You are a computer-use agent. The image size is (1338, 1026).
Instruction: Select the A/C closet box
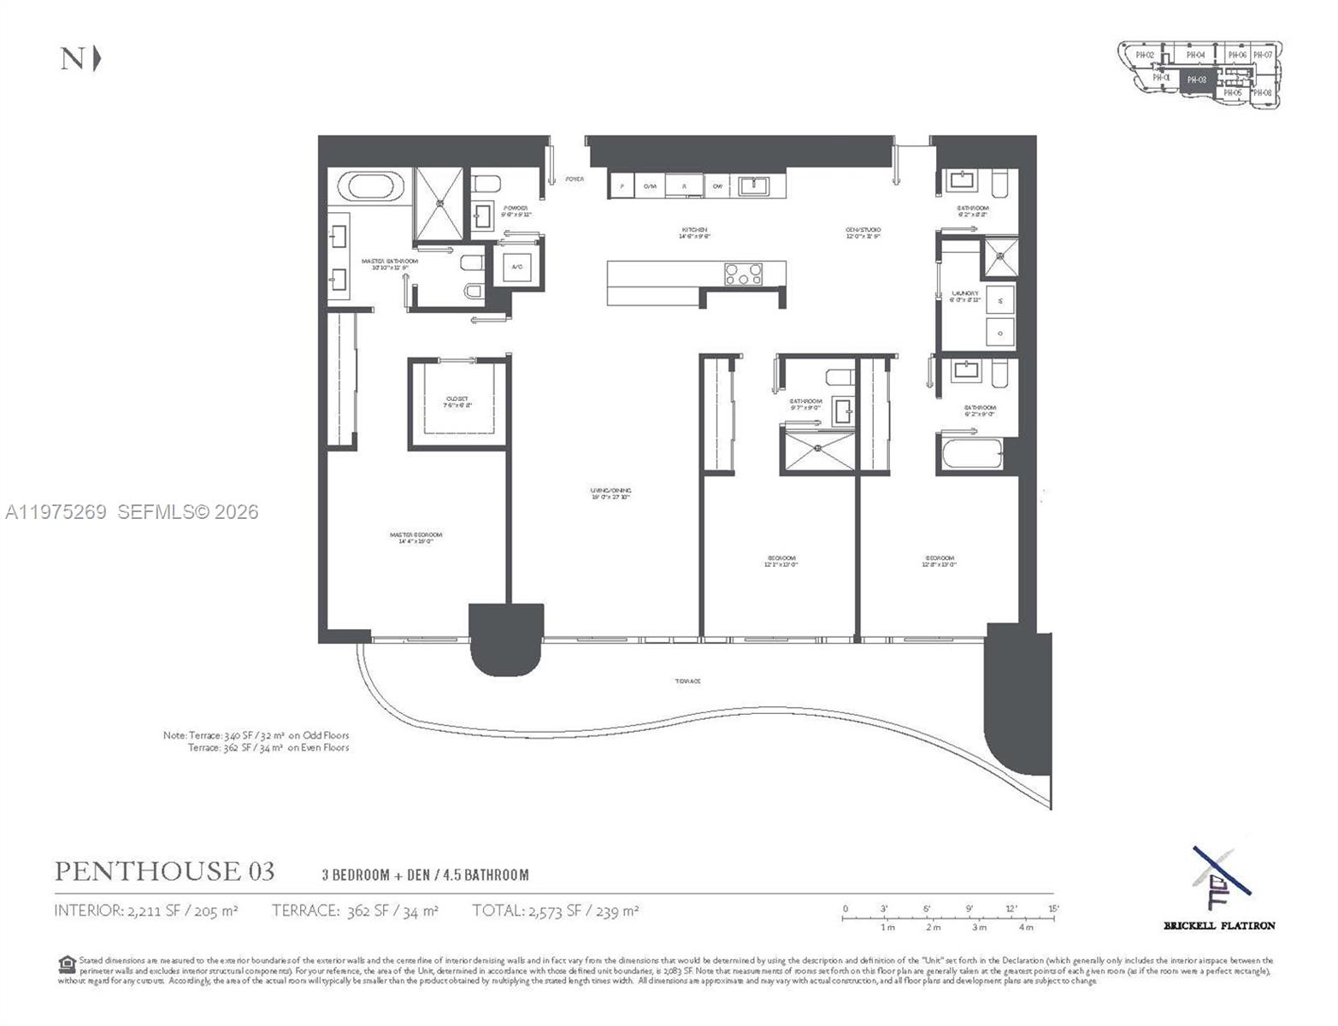point(517,267)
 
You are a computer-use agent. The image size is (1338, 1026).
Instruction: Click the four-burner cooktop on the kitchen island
point(743,274)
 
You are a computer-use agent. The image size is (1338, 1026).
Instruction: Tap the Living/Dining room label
point(610,493)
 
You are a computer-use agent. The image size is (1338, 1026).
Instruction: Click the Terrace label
point(687,681)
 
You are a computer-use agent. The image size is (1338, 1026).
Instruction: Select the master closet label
point(457,402)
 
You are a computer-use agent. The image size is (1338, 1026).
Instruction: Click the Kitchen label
point(694,232)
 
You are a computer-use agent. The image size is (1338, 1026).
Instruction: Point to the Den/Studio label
point(863,232)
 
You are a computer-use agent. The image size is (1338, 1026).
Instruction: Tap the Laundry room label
point(965,296)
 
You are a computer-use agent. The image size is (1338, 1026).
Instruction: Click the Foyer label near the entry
point(575,179)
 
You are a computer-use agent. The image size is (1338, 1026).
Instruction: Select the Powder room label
point(516,210)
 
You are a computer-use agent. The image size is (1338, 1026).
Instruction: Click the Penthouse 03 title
point(165,871)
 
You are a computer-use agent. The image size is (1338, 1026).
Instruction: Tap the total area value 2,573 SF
point(555,911)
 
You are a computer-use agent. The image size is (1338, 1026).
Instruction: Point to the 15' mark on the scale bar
point(1053,910)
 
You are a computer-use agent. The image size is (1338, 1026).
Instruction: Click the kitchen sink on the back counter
point(753,186)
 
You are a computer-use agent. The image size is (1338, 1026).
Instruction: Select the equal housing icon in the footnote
point(67,964)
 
